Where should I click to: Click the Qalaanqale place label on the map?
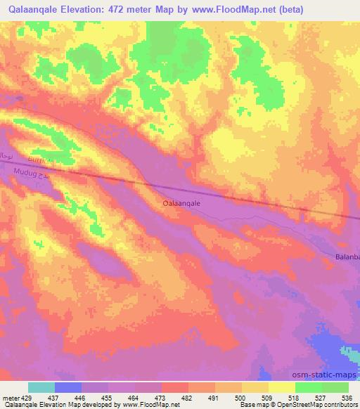[x=182, y=202]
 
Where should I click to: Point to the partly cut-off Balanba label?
[x=347, y=257]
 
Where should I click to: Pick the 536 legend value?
[x=347, y=397]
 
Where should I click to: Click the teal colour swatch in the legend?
[x=41, y=387]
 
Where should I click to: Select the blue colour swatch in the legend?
[x=68, y=387]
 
